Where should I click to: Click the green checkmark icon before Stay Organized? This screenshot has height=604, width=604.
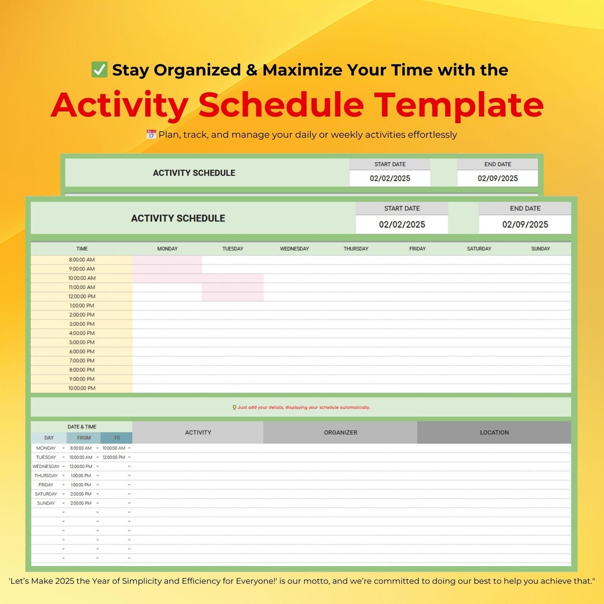(x=100, y=70)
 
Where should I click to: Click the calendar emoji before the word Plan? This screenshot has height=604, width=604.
(x=151, y=135)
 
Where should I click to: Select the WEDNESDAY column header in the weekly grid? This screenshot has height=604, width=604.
(x=294, y=249)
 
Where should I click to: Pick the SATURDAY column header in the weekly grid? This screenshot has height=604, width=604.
(x=479, y=249)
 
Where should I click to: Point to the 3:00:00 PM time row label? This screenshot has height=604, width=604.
(x=82, y=324)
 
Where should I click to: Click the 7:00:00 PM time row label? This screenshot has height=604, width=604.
(x=82, y=361)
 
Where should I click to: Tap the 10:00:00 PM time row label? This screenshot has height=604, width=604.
(x=82, y=388)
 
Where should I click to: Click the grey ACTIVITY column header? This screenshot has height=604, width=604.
(x=198, y=432)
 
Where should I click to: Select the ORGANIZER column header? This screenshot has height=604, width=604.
(x=340, y=432)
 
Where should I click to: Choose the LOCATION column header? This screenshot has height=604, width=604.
(x=494, y=432)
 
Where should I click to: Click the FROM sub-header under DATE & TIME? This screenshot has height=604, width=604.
(x=84, y=438)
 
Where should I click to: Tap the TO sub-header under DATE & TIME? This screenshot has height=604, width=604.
(x=117, y=438)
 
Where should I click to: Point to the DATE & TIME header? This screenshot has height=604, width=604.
(x=82, y=427)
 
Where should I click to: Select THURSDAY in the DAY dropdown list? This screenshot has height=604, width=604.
(x=46, y=475)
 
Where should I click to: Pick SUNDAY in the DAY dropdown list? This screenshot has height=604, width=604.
(x=46, y=503)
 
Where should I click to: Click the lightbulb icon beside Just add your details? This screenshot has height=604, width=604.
(x=234, y=408)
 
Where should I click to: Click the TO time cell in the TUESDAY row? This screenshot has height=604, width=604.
(x=114, y=457)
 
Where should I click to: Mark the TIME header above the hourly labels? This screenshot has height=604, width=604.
(x=82, y=249)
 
